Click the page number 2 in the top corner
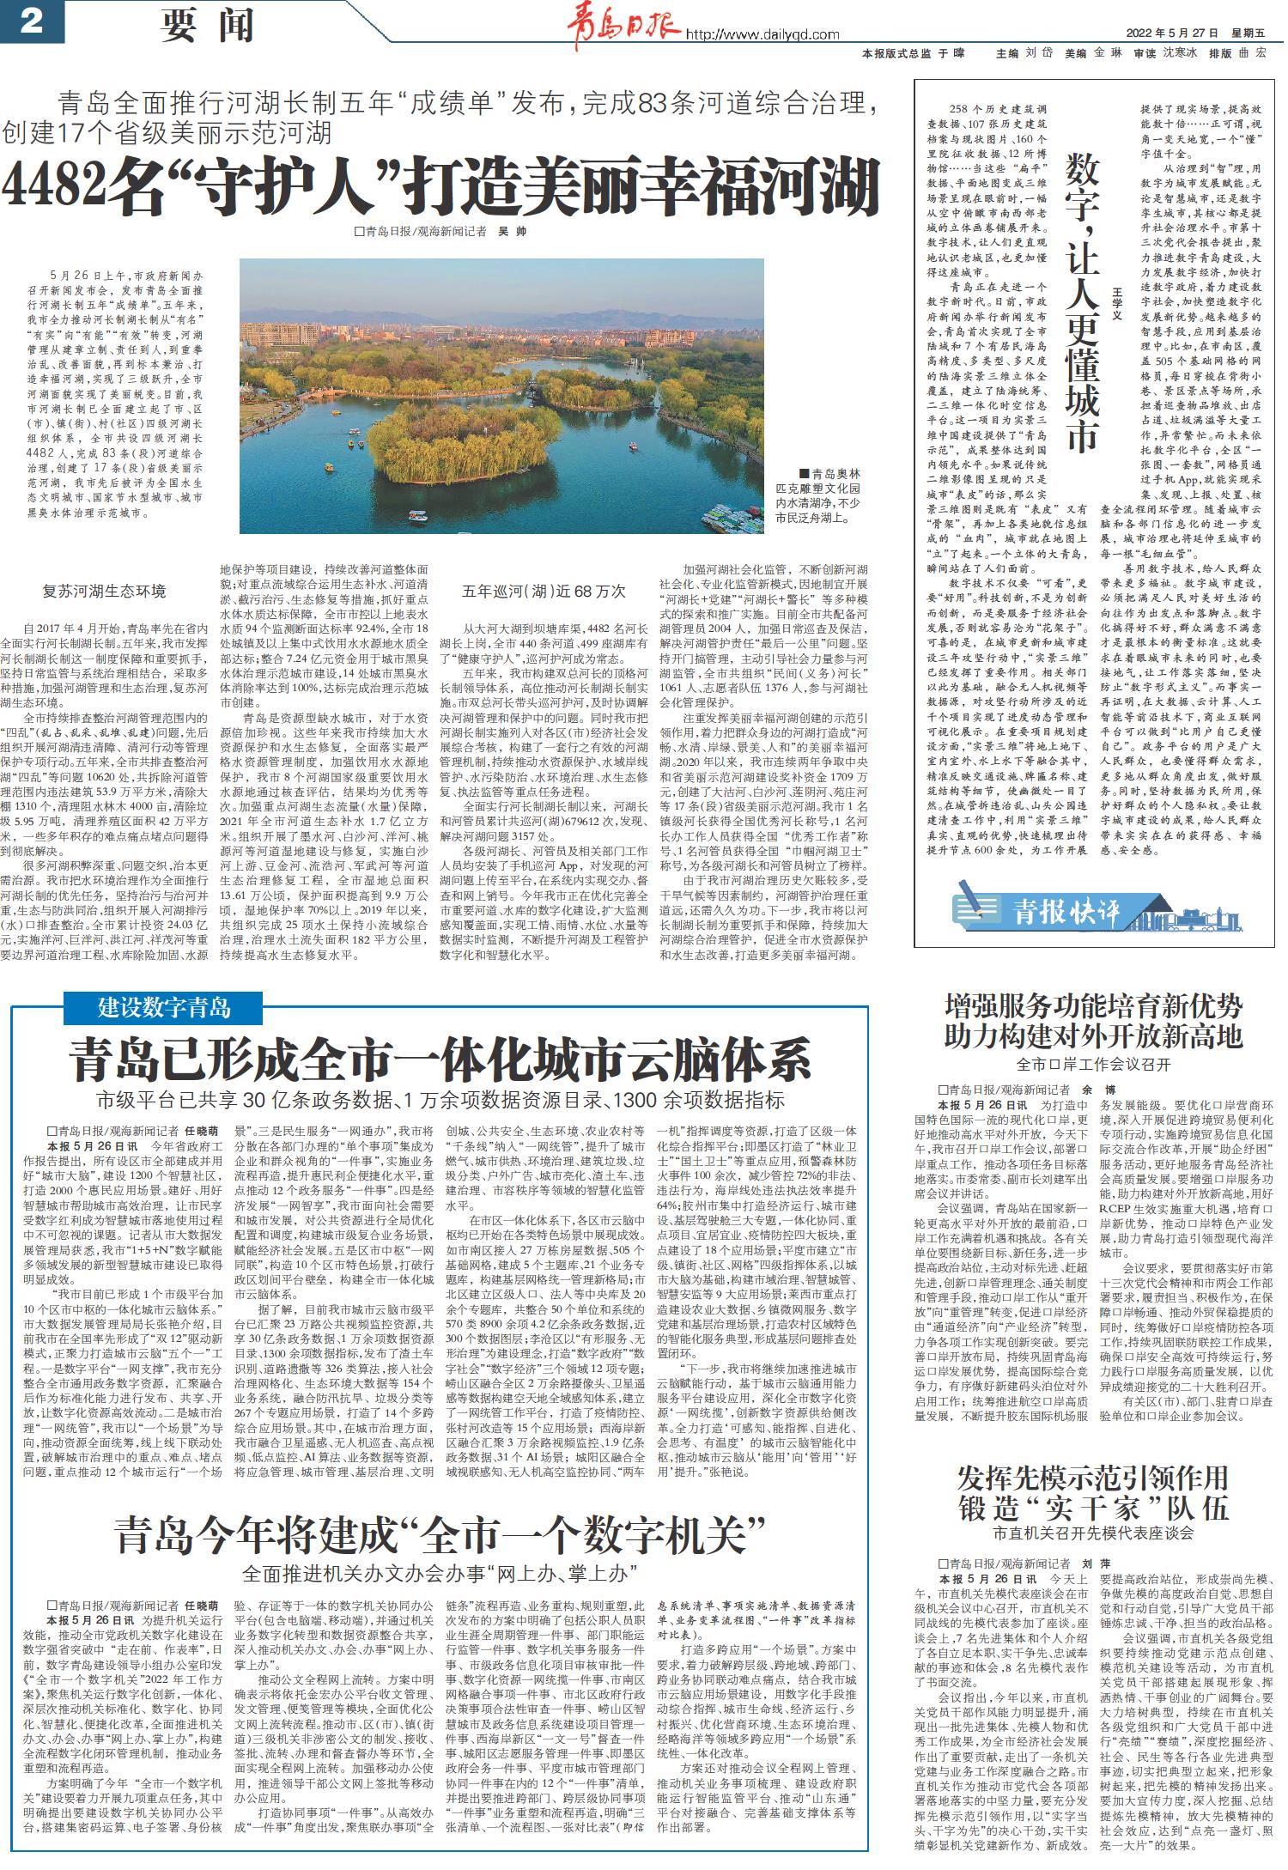(31, 21)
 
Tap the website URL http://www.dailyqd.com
(762, 34)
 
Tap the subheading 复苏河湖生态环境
(104, 591)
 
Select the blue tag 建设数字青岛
(164, 1005)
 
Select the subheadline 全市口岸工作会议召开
(1093, 1065)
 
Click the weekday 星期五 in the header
(1248, 33)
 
